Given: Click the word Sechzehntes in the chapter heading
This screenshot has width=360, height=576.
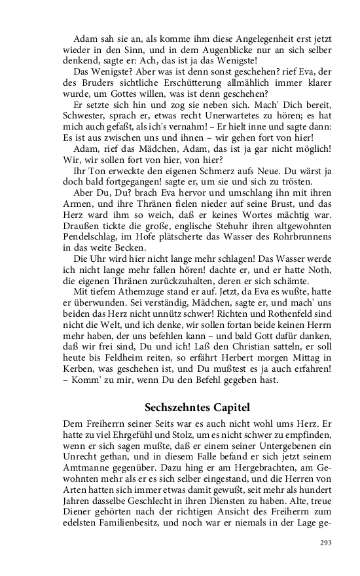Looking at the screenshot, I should (172, 407).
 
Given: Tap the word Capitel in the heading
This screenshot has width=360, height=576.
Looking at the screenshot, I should (230, 407).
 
